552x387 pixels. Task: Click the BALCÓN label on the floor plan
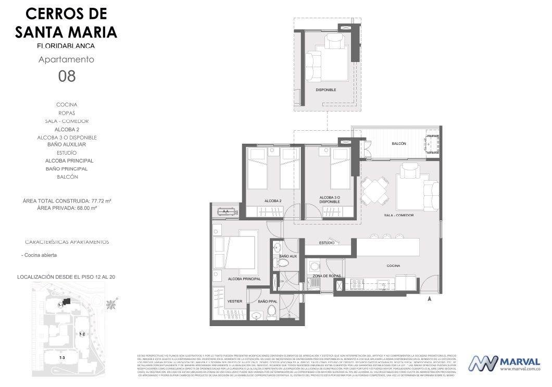(398, 144)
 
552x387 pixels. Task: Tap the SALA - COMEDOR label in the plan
(399, 215)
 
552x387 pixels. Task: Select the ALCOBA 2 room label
(273, 201)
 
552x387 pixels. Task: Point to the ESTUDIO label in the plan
(327, 243)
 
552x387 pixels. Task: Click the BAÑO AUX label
(288, 256)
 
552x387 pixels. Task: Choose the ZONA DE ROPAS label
(327, 276)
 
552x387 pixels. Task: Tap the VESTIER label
(234, 301)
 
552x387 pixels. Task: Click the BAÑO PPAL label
(267, 301)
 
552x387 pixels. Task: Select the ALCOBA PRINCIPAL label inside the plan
(244, 279)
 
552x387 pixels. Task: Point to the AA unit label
(226, 211)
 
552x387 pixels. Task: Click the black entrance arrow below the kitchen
(429, 299)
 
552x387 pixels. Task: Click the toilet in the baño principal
(271, 311)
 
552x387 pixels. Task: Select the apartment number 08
(67, 77)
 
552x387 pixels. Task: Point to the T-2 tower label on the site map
(82, 333)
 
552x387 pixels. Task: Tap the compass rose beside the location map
(111, 304)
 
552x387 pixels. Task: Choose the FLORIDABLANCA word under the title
(66, 46)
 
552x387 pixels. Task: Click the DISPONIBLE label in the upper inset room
(326, 90)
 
